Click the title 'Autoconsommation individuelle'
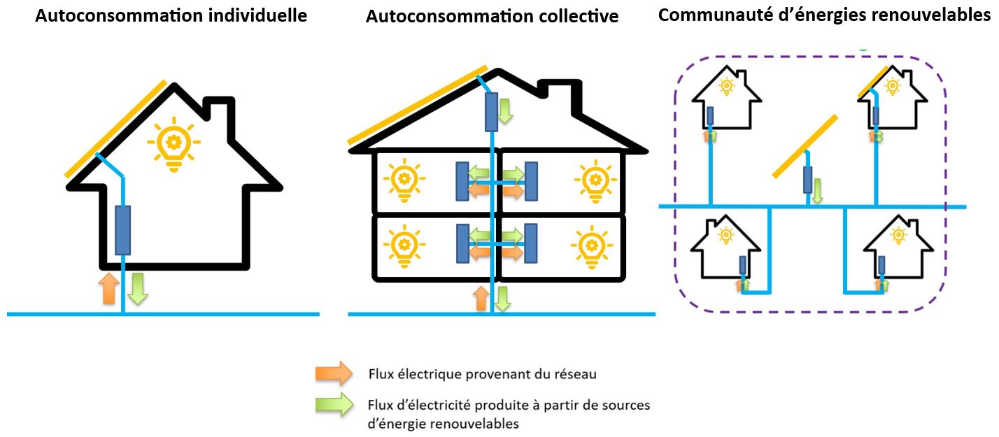pos(171,15)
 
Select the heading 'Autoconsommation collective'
pos(492,16)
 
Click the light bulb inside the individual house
pos(173,145)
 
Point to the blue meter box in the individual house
pos(123,230)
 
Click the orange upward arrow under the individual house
pos(108,288)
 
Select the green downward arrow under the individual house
pos(138,288)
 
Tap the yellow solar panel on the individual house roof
pos(116,129)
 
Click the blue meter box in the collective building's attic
pos(492,111)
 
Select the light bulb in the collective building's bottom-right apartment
pos(592,245)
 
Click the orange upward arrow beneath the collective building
pos(481,297)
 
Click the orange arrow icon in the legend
pos(334,374)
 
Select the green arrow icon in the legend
pos(334,404)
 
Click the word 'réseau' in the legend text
pos(579,374)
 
